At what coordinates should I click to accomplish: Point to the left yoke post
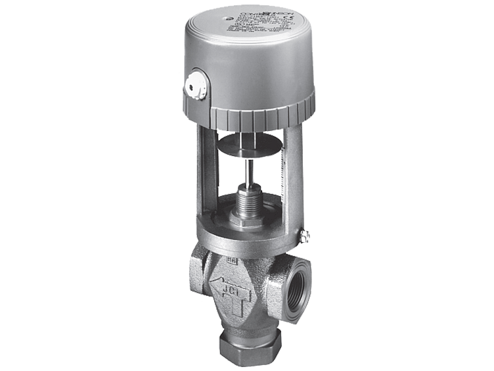[207, 171]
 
